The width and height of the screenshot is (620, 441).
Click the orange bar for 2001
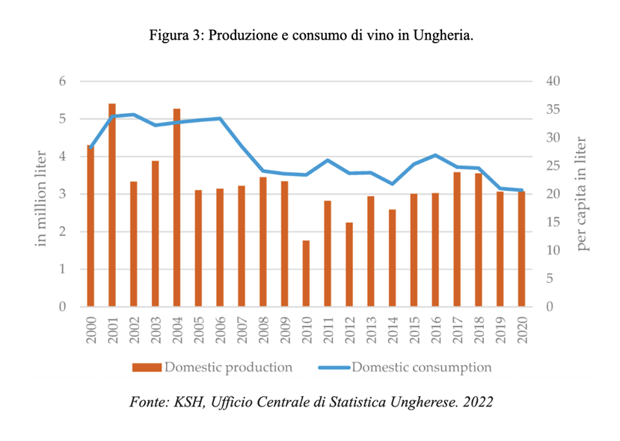click(x=112, y=206)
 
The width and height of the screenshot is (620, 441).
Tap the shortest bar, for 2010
click(x=305, y=273)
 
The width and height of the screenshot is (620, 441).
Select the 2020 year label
click(x=521, y=330)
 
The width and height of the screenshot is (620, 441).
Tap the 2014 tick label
click(x=392, y=330)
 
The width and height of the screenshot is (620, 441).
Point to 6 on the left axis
click(x=63, y=81)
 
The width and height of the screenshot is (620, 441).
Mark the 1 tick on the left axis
click(x=63, y=270)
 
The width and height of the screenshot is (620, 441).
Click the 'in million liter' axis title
click(x=42, y=194)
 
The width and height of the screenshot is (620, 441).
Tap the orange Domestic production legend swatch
click(x=147, y=368)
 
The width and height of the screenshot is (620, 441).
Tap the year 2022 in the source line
click(x=476, y=402)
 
